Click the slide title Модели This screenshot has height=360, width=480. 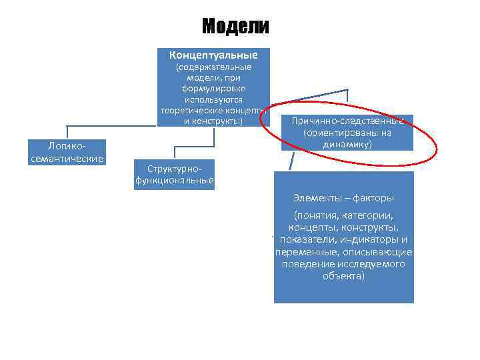pos(235,26)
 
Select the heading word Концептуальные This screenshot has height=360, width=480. pos(213,54)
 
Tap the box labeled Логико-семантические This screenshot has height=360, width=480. pos(67,152)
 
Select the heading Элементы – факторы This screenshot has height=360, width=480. pos(343,198)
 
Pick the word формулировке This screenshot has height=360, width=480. pos(213,89)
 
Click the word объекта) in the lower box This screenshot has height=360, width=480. pos(343,276)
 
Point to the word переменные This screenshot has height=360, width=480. pos(306,252)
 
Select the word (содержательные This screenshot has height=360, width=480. pos(213,67)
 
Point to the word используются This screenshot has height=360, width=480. pos(213,99)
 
